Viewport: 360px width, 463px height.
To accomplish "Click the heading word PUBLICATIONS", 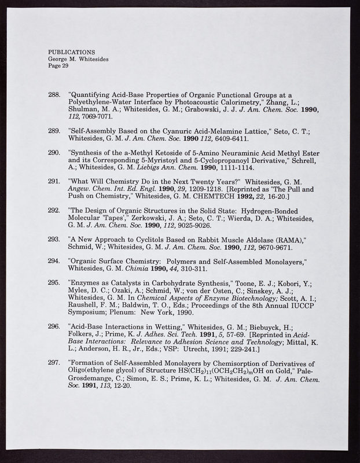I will pyautogui.click(x=71, y=52).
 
